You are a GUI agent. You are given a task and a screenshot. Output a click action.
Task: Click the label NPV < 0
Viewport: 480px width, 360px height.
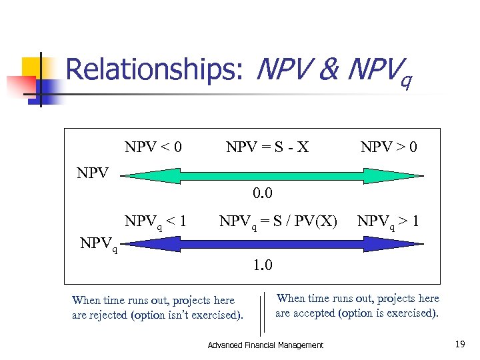(x=153, y=147)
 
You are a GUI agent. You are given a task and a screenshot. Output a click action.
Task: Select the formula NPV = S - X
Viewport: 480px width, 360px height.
(x=267, y=147)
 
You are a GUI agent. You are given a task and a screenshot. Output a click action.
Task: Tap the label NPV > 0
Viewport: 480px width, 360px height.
(x=389, y=147)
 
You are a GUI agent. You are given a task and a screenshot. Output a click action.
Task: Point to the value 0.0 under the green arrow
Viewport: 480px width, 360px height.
(x=262, y=193)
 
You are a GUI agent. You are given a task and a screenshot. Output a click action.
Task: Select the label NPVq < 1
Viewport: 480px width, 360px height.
(x=155, y=221)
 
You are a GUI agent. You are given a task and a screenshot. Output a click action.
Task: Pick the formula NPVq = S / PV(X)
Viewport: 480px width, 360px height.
(x=278, y=221)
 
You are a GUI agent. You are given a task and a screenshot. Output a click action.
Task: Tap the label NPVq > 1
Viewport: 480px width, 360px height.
(x=388, y=221)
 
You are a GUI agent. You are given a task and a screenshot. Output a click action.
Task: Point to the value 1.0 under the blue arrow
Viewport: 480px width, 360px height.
(x=262, y=265)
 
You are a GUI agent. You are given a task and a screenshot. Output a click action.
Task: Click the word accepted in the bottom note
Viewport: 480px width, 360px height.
(x=313, y=313)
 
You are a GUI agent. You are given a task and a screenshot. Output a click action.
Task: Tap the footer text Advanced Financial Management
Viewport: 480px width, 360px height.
(x=265, y=345)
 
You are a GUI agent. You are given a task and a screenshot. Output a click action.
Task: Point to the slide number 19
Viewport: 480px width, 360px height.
(x=460, y=344)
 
